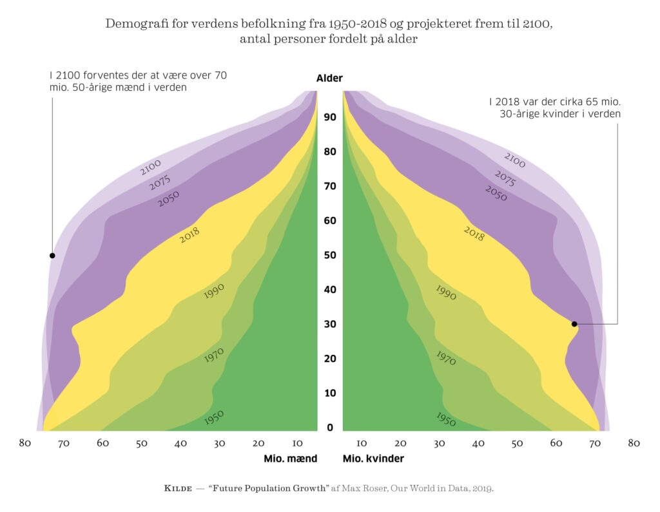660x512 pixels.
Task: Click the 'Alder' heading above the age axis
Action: tap(329, 79)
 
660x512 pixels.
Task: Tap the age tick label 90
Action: tap(330, 117)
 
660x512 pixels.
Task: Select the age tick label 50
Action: tap(330, 255)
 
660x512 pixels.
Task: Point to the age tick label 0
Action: tap(330, 428)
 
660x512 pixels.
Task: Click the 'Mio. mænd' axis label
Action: tap(290, 459)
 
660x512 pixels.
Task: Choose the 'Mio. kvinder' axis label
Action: tap(373, 459)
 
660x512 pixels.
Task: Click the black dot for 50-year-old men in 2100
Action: tap(52, 256)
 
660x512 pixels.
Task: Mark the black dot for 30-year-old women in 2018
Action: tap(574, 324)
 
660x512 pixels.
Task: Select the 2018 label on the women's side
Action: tap(474, 233)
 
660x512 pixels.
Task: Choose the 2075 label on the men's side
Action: tap(160, 183)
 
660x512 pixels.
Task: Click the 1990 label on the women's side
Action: tap(446, 292)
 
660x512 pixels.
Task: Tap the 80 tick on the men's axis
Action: tap(25, 443)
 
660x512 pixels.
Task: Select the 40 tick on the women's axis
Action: tap(478, 443)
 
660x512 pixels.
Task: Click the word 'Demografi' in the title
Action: tap(133, 24)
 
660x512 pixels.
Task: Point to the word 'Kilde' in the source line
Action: tap(179, 488)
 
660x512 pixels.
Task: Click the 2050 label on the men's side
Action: tap(168, 199)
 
